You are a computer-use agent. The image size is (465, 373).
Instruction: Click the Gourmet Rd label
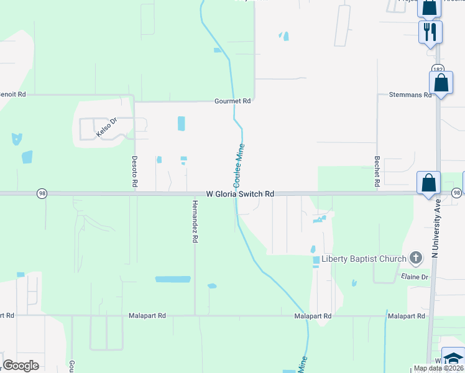coord(232,101)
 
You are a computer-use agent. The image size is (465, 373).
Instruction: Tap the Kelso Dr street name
coord(106,128)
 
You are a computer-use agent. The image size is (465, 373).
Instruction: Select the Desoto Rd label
coord(134,171)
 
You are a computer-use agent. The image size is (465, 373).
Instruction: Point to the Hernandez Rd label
coord(195,221)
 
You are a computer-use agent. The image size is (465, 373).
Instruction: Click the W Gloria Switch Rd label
coord(240,194)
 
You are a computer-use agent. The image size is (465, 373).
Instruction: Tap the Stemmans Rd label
coord(410,95)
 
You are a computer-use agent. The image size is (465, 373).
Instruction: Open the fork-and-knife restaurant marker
coord(430,30)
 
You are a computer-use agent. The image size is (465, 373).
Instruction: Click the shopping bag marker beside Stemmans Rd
coord(441,83)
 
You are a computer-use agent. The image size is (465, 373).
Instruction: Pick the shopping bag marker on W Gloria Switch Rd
coord(428,183)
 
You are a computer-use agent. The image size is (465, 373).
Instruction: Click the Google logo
coord(21,366)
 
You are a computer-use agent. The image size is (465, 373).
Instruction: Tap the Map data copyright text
coord(438,368)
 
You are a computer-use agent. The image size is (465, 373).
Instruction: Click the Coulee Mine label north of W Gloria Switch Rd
coord(239,165)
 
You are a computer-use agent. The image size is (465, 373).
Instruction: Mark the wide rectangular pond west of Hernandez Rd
coord(173,279)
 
